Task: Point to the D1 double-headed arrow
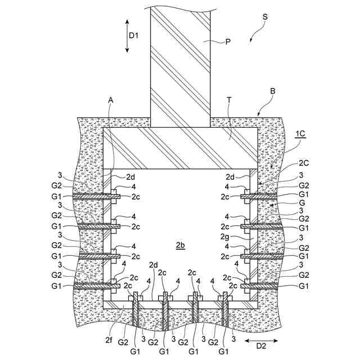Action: (x=128, y=35)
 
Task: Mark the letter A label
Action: (x=111, y=100)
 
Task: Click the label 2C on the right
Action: (x=304, y=164)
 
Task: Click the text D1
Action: (x=134, y=35)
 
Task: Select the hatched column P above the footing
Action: (x=180, y=62)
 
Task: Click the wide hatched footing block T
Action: (x=180, y=148)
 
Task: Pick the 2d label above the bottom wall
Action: (x=154, y=264)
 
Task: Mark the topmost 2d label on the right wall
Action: (x=229, y=177)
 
